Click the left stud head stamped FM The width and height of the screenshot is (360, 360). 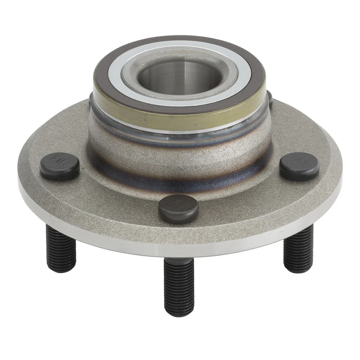(x=59, y=167)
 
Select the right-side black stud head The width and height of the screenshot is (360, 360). (x=299, y=166)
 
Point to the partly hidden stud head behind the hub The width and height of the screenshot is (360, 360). (x=270, y=99)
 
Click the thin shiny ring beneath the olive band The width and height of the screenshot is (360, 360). (x=180, y=130)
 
